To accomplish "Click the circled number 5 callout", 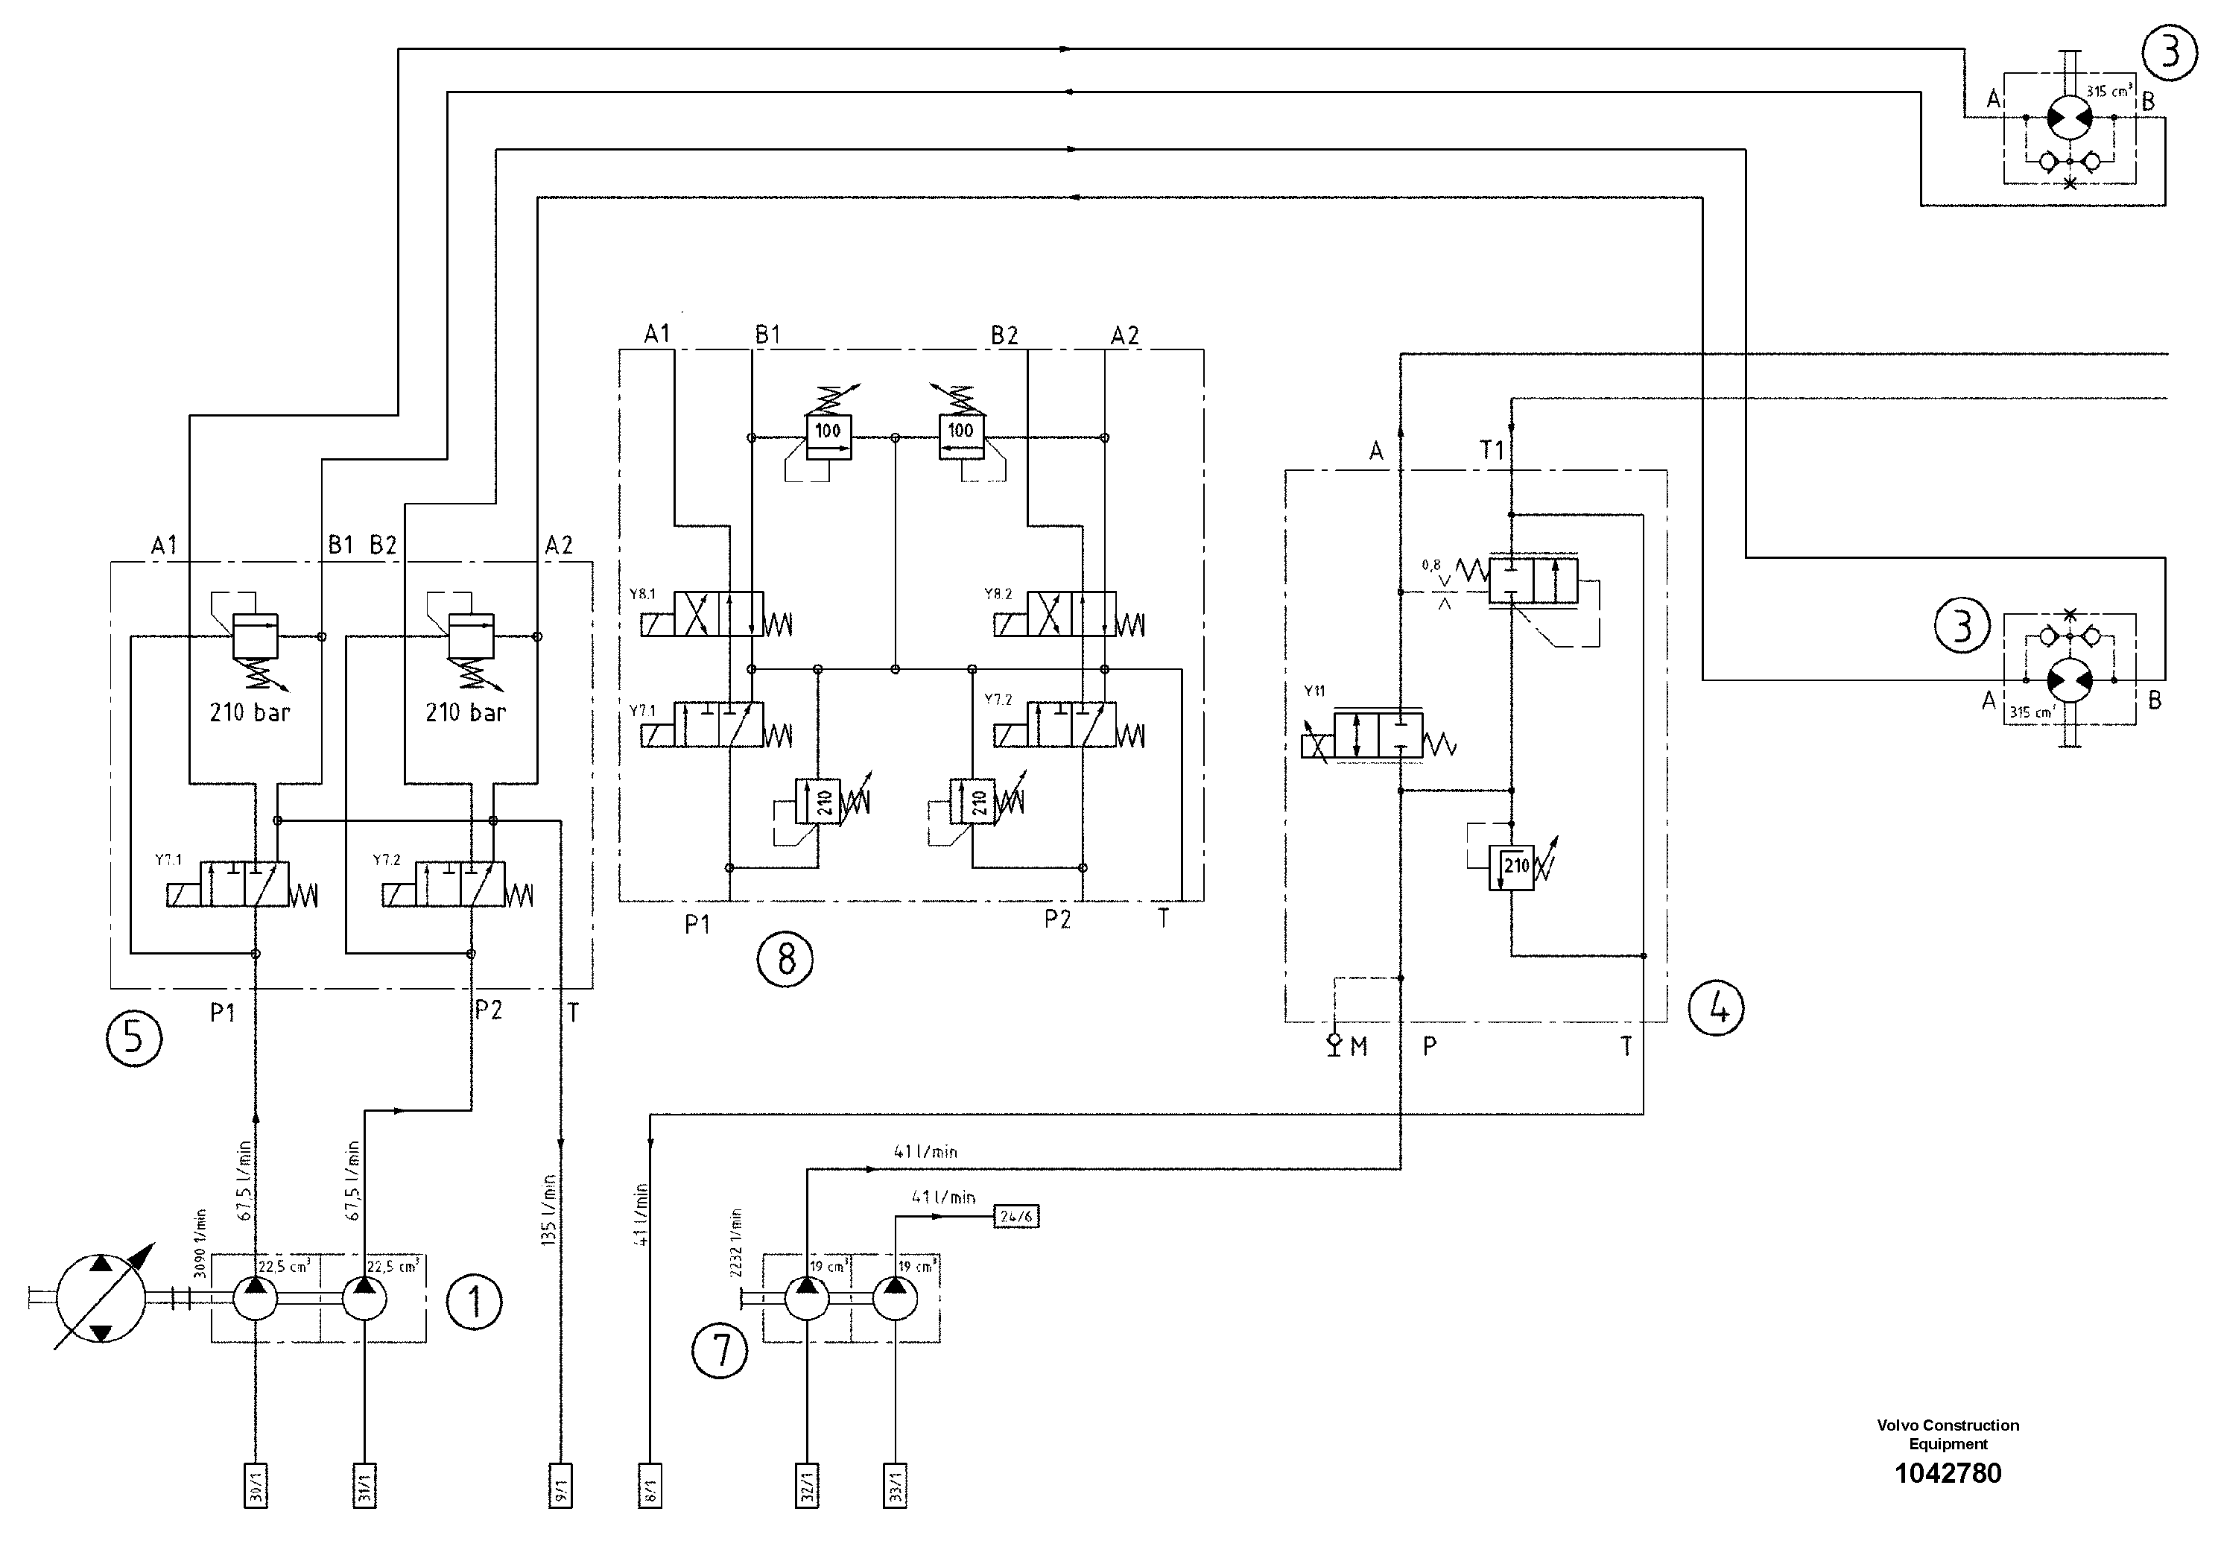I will [133, 1039].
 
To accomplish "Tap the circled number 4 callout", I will [1716, 1009].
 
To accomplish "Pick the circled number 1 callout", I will [475, 1303].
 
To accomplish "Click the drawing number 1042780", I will [1948, 1473].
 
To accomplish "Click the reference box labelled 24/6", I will [1016, 1216].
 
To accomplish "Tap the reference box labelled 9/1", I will [560, 1486].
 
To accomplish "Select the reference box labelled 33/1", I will [896, 1486].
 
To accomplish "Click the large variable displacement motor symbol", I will [101, 1299].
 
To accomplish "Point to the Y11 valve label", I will [1314, 691].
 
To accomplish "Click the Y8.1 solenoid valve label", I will [642, 594].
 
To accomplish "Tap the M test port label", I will [1358, 1046].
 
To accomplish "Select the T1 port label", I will [1492, 450].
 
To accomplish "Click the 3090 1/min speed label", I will [200, 1244].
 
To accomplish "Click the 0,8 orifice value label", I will [1430, 565].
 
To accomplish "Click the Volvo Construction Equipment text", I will [1948, 1434].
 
